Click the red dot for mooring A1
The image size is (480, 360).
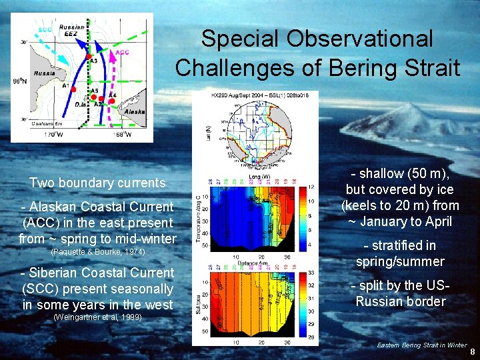[x=74, y=89]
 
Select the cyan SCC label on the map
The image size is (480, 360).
[x=45, y=29]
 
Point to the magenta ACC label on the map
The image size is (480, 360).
[x=123, y=52]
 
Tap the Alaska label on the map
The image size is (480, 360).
[x=134, y=113]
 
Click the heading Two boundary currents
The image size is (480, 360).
[x=97, y=183]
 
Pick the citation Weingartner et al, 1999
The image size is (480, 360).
[x=97, y=317]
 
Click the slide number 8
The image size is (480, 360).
[x=472, y=351]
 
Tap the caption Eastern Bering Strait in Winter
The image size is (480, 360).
[x=421, y=345]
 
